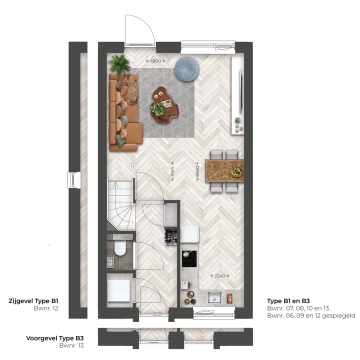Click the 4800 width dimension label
(x=155, y=61)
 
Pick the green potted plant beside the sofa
(x=119, y=64)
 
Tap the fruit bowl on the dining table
(x=236, y=171)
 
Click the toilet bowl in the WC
(x=120, y=248)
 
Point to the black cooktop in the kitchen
(x=189, y=258)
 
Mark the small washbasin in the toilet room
(x=110, y=262)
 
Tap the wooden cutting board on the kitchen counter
(x=229, y=298)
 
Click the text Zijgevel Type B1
(x=33, y=301)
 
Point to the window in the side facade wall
(x=74, y=180)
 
